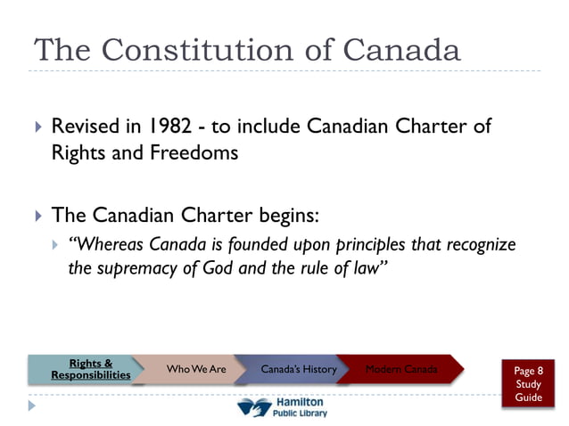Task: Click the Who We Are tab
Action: pos(196,369)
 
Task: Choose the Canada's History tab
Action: pos(298,369)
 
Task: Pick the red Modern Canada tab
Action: pos(401,369)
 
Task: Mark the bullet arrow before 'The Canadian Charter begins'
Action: pos(37,216)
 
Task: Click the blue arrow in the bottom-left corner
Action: pos(33,406)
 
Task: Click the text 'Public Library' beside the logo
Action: pos(301,414)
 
